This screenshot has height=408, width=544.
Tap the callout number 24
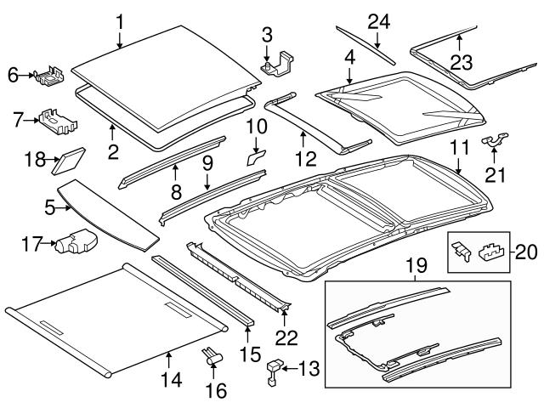378,20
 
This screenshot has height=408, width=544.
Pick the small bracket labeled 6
48,76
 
